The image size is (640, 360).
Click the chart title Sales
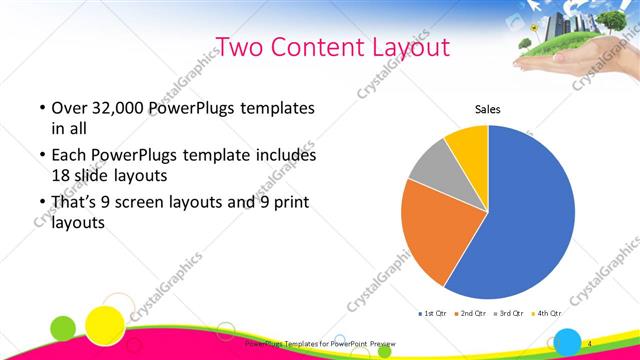click(x=487, y=110)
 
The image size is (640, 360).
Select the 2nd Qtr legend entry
click(x=473, y=314)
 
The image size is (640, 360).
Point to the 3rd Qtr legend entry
click(x=512, y=314)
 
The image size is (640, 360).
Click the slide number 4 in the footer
click(x=589, y=344)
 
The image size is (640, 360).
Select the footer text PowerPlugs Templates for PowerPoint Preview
click(x=320, y=344)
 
